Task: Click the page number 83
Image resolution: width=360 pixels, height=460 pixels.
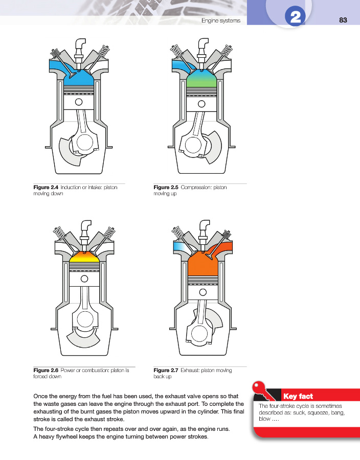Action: (343, 20)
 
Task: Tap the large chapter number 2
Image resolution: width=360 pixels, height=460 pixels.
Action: (295, 19)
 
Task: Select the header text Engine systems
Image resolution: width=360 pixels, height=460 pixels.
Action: (221, 20)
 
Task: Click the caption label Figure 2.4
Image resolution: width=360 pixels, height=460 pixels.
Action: (46, 188)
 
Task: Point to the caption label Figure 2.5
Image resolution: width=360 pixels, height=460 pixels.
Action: (166, 188)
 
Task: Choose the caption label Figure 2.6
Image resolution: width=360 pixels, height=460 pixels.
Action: (46, 370)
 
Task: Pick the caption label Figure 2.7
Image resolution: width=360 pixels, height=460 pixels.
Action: (166, 370)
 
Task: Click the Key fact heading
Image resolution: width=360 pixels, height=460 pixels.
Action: (298, 396)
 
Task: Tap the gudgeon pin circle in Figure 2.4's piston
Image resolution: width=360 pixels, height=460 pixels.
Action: (80, 102)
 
